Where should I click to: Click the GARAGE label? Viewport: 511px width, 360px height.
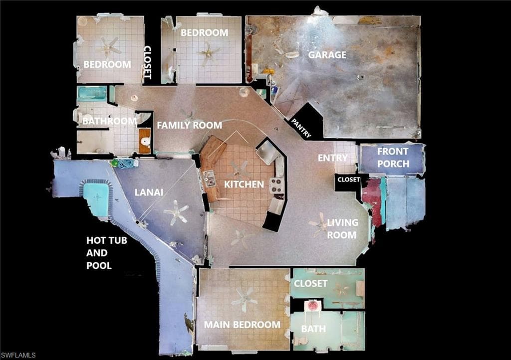(327, 55)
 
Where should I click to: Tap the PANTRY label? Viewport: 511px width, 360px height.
(301, 128)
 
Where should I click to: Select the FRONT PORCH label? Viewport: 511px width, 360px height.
(393, 158)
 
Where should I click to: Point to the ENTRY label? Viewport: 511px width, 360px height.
(332, 158)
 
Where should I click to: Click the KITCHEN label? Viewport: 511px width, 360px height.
(244, 184)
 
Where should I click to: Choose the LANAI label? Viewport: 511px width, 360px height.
(149, 192)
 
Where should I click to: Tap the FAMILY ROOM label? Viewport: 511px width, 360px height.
(189, 125)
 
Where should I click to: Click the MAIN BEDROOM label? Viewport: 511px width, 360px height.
(242, 325)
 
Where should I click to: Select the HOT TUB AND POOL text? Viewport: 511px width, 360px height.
(107, 253)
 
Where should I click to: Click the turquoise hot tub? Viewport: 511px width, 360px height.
(96, 198)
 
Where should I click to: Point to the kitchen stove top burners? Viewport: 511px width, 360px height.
(276, 186)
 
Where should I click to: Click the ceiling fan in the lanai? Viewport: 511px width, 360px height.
(176, 212)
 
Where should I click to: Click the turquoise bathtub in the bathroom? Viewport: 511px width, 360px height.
(92, 94)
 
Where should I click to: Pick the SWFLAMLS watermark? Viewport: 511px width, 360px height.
(18, 355)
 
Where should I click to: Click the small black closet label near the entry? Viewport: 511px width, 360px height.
(349, 180)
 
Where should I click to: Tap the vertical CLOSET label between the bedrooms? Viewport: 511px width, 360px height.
(147, 62)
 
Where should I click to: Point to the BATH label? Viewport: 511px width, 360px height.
(313, 329)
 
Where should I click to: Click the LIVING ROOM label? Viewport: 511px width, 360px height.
(342, 229)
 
